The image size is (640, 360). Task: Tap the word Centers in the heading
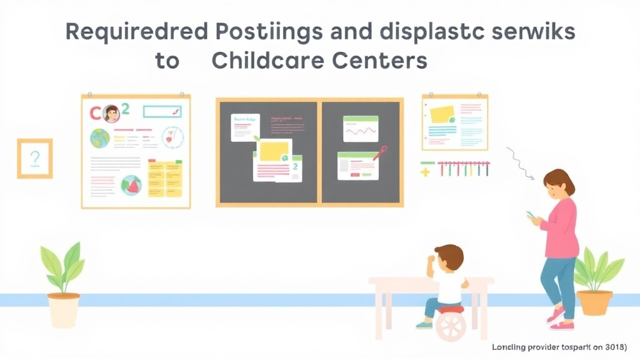[x=382, y=61]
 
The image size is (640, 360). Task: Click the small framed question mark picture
[x=35, y=159]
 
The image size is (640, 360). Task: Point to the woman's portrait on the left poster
[x=112, y=114]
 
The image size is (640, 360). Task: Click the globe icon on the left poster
[x=100, y=137]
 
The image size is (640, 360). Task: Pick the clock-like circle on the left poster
[x=172, y=137]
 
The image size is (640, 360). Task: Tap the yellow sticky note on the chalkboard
[x=274, y=151]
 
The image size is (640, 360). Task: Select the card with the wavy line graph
[x=361, y=129]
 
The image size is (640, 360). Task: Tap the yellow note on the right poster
[x=442, y=114]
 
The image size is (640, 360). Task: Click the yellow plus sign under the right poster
[x=427, y=169]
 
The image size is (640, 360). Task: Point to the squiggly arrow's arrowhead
[x=532, y=178]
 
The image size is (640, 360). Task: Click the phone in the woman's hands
[x=531, y=215]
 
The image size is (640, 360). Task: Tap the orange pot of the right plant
[x=594, y=302]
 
